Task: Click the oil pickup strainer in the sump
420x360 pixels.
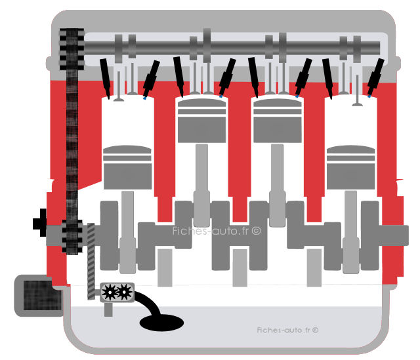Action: (x=162, y=323)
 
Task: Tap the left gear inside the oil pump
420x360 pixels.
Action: (x=110, y=292)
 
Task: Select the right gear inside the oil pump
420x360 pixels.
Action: (x=125, y=292)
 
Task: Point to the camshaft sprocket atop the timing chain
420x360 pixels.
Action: (x=72, y=49)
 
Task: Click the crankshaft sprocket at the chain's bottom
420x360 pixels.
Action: (x=72, y=236)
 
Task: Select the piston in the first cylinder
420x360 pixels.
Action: (x=127, y=167)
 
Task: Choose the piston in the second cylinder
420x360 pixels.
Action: (x=202, y=121)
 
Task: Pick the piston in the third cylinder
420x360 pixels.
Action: (x=278, y=121)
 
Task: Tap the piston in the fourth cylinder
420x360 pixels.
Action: (x=350, y=167)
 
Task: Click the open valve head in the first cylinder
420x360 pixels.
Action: (x=119, y=100)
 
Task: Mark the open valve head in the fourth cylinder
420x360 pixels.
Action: (x=357, y=104)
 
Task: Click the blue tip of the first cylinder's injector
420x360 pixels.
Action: (x=144, y=98)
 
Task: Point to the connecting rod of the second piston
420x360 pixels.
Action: (x=201, y=186)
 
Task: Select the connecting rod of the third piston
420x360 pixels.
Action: (x=277, y=186)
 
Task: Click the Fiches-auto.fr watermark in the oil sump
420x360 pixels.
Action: (x=287, y=330)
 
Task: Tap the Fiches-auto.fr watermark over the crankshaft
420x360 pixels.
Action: (x=217, y=231)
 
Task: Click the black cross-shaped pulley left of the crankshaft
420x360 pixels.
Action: (x=39, y=223)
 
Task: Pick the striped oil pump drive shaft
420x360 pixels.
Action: (x=91, y=262)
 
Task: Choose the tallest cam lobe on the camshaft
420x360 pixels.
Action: (x=207, y=45)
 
